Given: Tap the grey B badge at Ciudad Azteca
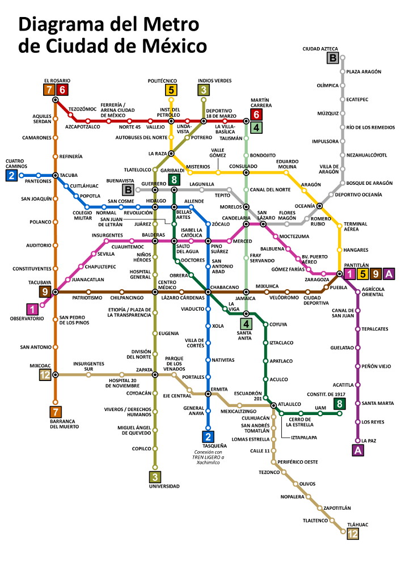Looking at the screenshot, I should click(333, 57).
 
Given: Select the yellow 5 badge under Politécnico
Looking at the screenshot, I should click(171, 90).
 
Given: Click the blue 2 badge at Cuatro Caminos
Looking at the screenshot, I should click(11, 175).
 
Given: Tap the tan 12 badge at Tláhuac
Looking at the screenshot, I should click(353, 534).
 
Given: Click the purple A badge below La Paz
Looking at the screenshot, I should click(357, 451).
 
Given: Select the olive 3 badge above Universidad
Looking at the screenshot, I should click(155, 476).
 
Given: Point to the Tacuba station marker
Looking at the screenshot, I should click(56, 175).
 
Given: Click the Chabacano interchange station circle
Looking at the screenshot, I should click(208, 292).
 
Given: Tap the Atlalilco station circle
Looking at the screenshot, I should click(273, 405).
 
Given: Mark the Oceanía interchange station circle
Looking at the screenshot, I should click(319, 206).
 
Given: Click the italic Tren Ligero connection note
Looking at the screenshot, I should click(207, 457).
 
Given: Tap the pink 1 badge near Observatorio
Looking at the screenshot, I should click(33, 309).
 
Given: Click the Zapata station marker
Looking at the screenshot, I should click(155, 375).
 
